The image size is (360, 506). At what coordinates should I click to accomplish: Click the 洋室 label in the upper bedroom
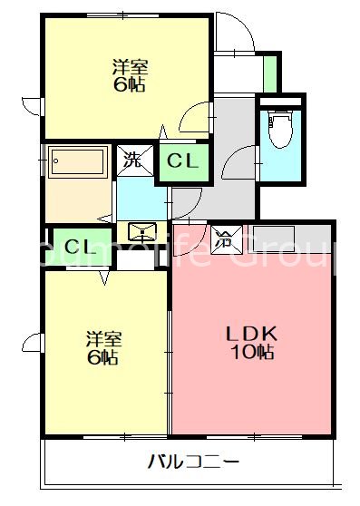click(x=131, y=66)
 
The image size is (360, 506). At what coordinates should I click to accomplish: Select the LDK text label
click(x=249, y=334)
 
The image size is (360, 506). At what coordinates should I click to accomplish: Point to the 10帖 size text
click(x=250, y=354)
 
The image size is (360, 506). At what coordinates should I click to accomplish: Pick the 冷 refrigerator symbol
click(x=223, y=239)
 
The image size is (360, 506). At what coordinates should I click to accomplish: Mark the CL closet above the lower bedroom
click(x=74, y=246)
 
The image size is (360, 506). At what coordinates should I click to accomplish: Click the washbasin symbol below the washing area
click(x=141, y=230)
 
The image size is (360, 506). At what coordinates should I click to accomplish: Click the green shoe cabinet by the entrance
click(x=268, y=72)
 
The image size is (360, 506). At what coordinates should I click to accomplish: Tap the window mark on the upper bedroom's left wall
click(x=35, y=105)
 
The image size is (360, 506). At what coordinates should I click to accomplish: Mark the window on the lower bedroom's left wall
click(x=35, y=343)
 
